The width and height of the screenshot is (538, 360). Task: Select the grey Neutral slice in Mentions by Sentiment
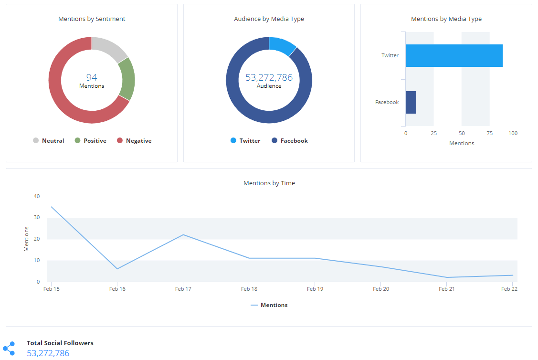point(109,48)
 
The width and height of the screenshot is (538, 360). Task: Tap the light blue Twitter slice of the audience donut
point(282,45)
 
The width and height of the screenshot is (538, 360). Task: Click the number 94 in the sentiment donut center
point(92,77)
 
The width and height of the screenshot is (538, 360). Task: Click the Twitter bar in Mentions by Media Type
point(454,55)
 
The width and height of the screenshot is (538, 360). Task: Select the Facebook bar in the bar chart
point(411,102)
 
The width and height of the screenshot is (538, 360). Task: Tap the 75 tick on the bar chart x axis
point(490,133)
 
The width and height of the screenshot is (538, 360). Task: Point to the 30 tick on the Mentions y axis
point(37,218)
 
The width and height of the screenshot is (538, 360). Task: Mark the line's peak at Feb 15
point(51,207)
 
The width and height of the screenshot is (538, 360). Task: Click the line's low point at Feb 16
point(117,269)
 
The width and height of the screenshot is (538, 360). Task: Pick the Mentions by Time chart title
point(269,183)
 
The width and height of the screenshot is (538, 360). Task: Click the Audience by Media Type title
point(269,19)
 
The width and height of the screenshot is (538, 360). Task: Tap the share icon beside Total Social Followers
point(9,349)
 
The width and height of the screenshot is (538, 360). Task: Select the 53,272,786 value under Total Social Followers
point(48,353)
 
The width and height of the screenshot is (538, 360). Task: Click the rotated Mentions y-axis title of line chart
point(27,239)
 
